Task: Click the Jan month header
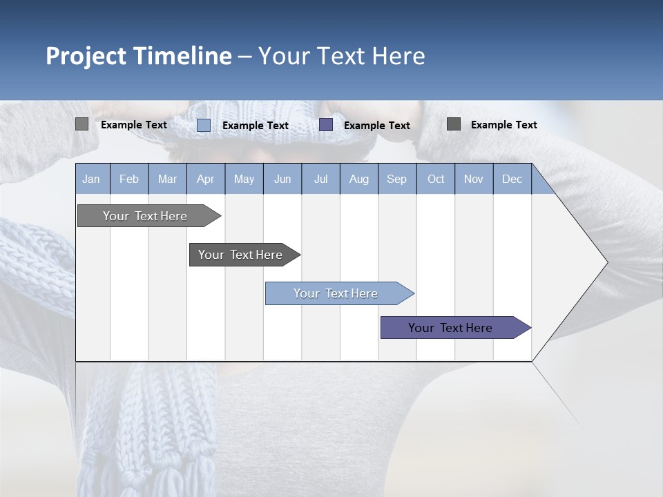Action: [x=91, y=179]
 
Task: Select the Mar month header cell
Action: [x=167, y=179]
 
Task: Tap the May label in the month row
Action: [x=244, y=179]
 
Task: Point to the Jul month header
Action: [x=320, y=179]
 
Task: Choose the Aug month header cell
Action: [x=358, y=179]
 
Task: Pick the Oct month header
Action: [x=436, y=179]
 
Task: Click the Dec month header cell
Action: [x=512, y=179]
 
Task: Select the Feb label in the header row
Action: [x=129, y=179]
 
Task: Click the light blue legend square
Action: [x=204, y=125]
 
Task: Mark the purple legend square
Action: [x=326, y=124]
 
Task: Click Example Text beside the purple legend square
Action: [x=376, y=125]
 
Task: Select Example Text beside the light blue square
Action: [x=255, y=125]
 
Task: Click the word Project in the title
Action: [x=86, y=56]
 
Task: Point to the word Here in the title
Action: [x=398, y=56]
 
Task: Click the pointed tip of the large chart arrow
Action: [x=606, y=262]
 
